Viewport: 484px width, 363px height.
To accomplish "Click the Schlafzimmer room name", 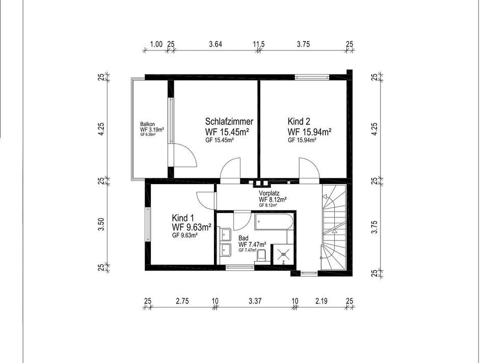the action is [229, 121].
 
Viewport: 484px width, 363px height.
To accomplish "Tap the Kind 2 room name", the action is [299, 121].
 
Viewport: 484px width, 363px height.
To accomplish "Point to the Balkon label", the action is [147, 124].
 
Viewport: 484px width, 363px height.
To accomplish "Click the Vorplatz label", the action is [269, 193].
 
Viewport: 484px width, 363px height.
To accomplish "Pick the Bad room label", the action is [243, 239].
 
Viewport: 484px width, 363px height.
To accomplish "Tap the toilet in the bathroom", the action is [261, 256].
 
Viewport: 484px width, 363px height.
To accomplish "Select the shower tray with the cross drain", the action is [282, 254].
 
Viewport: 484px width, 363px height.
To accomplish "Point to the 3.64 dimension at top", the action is [216, 44].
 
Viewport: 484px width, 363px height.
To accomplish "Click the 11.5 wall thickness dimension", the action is [259, 44].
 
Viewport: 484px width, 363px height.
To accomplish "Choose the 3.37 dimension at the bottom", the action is [255, 301].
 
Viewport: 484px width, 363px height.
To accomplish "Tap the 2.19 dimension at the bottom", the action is [321, 301].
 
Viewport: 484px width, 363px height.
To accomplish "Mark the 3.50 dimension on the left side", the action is [102, 224].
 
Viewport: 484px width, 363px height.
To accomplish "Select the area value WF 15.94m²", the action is [310, 132].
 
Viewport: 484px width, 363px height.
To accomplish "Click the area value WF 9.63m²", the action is [192, 227].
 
